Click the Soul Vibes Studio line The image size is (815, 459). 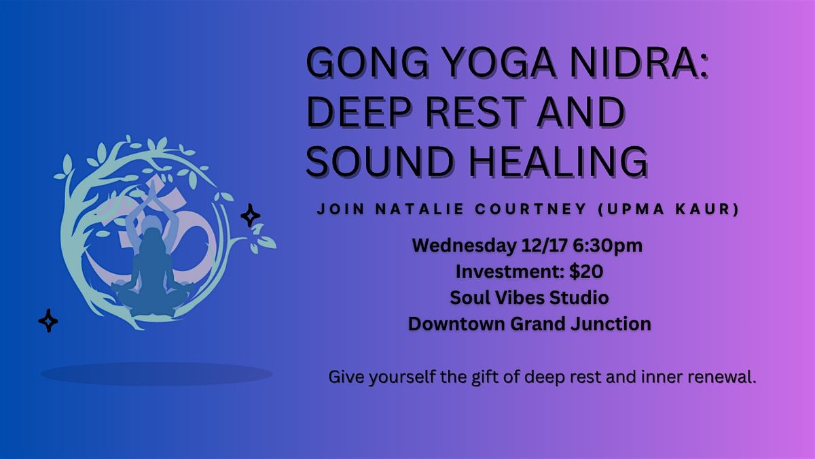(x=529, y=297)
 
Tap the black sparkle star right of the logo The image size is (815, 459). (x=251, y=216)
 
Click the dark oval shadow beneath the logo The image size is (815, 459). (x=156, y=373)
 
